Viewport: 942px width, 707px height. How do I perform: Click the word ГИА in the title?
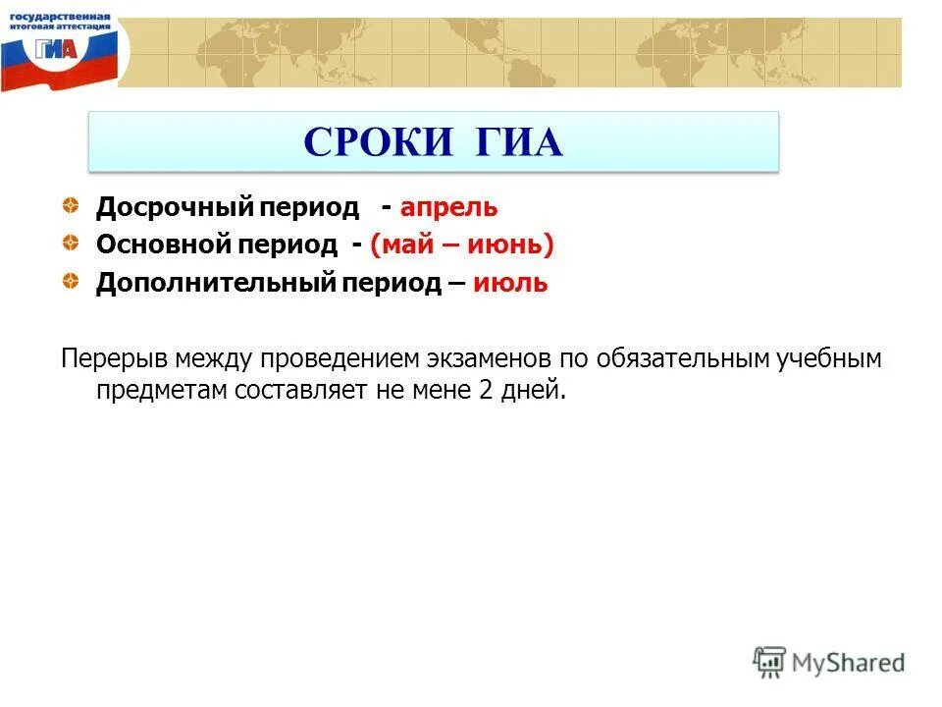point(520,143)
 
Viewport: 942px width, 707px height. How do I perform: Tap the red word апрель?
point(448,208)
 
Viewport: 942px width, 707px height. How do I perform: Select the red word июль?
point(510,284)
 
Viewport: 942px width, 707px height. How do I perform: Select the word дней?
point(537,390)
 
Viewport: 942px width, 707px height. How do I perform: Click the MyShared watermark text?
point(848,663)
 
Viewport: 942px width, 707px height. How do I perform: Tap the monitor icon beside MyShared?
point(769,662)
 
